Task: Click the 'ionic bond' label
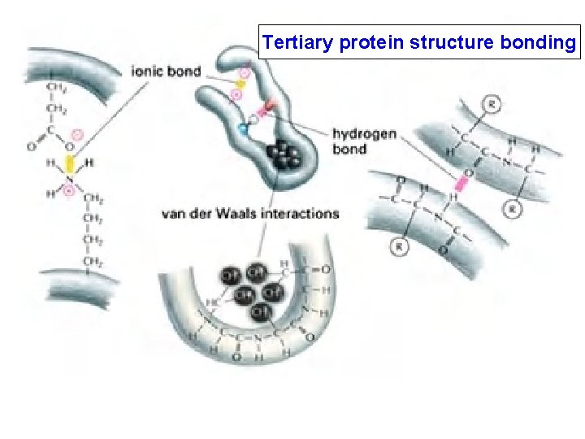[x=166, y=71]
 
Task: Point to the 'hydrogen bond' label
[x=364, y=141]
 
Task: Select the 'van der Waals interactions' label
[x=250, y=214]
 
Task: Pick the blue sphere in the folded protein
[x=241, y=128]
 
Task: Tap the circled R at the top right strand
[x=491, y=103]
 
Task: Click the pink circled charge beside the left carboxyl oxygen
[x=76, y=134]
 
